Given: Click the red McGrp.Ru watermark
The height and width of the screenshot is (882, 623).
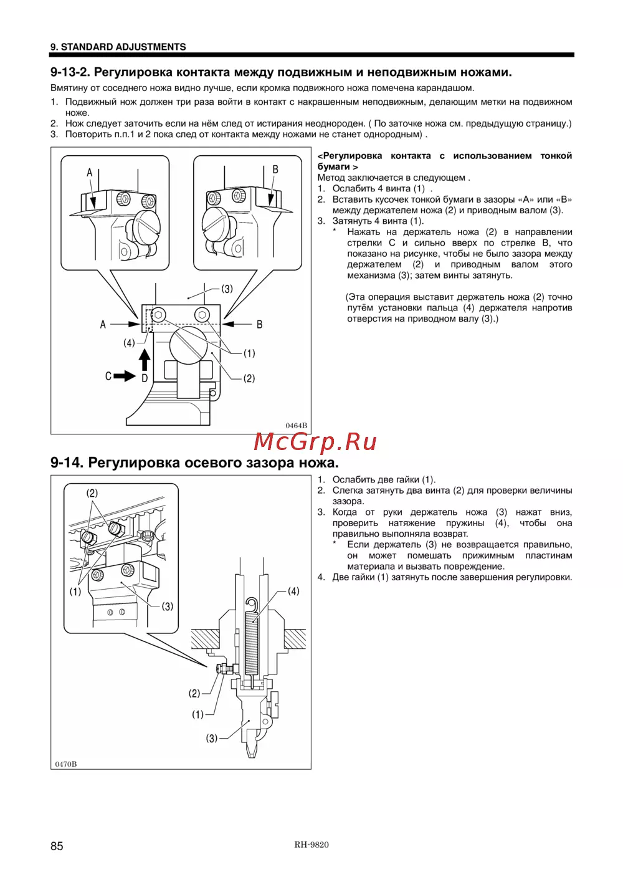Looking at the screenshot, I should (315, 442).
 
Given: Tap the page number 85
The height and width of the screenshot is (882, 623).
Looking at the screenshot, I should (57, 846).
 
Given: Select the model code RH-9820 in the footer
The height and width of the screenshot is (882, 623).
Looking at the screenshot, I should (311, 845).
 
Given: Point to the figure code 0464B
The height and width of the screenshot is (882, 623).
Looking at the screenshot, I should (296, 426).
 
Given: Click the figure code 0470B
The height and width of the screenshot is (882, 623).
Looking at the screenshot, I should (66, 764).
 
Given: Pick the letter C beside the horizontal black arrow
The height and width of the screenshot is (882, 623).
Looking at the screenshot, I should (108, 376).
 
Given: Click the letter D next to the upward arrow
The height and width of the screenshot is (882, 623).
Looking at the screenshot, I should (145, 378).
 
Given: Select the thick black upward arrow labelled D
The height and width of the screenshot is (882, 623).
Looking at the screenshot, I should (145, 360).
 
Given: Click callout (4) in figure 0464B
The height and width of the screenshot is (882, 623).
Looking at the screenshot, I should (129, 343).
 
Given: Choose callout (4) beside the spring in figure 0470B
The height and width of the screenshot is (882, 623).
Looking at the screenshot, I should (293, 591).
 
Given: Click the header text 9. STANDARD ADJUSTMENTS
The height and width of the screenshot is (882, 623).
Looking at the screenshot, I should (118, 47).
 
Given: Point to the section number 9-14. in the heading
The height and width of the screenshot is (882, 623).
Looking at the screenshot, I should (67, 463).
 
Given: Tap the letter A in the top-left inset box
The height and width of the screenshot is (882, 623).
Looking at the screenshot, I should (90, 172).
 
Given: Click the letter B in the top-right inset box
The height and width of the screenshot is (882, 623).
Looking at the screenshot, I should (275, 170).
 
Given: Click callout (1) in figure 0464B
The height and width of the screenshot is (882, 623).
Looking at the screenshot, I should (249, 353).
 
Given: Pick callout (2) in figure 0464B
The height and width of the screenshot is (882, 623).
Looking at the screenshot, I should (249, 378).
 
